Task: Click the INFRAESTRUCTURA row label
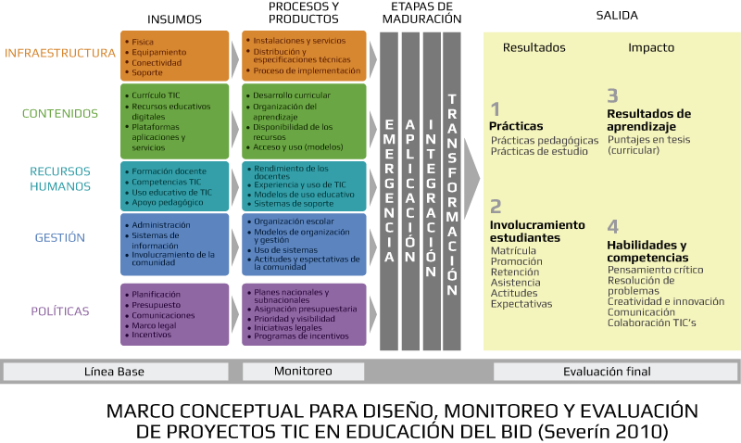(x=60, y=52)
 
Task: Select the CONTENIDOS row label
(x=60, y=114)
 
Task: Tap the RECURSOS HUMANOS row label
(x=60, y=179)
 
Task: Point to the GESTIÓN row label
(x=60, y=237)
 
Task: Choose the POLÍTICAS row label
(x=60, y=311)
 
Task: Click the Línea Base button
(x=115, y=372)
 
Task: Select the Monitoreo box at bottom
(x=303, y=372)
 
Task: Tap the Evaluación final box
(x=607, y=372)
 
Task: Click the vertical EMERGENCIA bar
(x=389, y=195)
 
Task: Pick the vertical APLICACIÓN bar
(x=410, y=195)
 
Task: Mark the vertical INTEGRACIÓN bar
(x=431, y=195)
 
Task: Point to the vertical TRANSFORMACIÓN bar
(x=452, y=195)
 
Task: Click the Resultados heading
(x=534, y=48)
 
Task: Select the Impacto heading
(x=651, y=48)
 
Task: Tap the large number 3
(x=612, y=95)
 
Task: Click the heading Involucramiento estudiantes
(x=537, y=231)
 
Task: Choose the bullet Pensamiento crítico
(x=655, y=270)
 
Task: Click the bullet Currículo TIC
(x=156, y=95)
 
